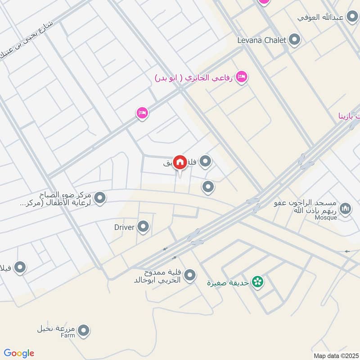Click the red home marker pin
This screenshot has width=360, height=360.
click(x=180, y=162)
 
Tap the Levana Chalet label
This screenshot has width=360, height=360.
click(x=262, y=40)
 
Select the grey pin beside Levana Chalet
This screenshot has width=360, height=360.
click(x=295, y=40)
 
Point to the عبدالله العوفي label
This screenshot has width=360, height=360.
click(x=320, y=17)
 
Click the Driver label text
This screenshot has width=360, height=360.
click(x=124, y=227)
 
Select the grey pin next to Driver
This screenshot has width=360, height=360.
click(x=144, y=227)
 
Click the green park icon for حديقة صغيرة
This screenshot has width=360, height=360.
click(x=257, y=283)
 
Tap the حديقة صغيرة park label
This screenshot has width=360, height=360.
click(x=229, y=283)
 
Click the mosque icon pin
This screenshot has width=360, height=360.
click(x=345, y=209)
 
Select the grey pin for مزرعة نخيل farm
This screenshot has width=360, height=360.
click(x=83, y=331)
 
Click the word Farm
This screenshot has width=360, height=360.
click(x=66, y=335)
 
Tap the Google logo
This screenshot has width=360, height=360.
click(x=19, y=353)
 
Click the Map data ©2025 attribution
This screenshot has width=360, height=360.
click(x=335, y=355)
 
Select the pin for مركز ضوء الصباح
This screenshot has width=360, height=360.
click(x=100, y=198)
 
